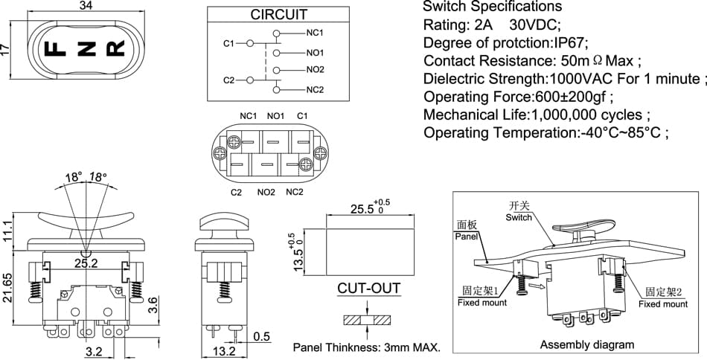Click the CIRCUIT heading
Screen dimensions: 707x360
click(x=278, y=14)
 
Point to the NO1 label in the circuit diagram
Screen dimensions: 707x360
click(x=316, y=53)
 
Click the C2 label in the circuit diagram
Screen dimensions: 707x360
click(x=229, y=80)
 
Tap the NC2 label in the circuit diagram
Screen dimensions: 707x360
click(x=316, y=90)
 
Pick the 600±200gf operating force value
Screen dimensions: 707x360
click(x=570, y=97)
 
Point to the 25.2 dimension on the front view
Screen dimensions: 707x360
click(x=86, y=263)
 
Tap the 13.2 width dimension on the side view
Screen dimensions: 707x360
click(x=224, y=351)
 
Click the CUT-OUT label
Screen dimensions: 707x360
click(x=369, y=288)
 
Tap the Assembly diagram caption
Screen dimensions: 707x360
click(x=587, y=344)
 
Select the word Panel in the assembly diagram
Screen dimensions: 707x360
click(x=466, y=236)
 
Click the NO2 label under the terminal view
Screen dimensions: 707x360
click(x=266, y=193)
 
